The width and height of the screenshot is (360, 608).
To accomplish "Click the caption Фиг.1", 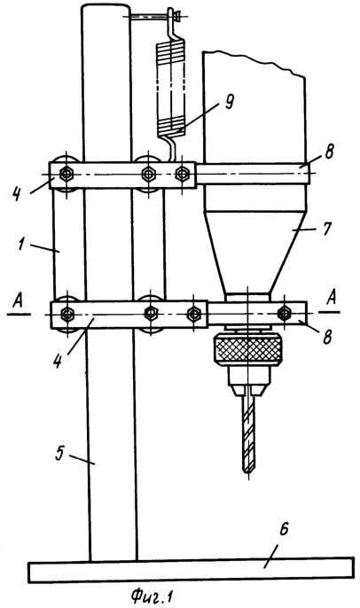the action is point(152,595).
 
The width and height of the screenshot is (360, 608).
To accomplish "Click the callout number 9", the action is point(230,102).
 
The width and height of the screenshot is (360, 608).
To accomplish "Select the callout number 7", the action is point(326,229).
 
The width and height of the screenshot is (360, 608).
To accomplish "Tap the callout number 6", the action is point(284,530).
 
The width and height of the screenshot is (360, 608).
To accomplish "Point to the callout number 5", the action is point(59,454).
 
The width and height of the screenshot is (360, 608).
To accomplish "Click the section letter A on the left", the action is point(18,301).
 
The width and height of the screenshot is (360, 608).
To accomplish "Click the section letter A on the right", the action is point(332,299).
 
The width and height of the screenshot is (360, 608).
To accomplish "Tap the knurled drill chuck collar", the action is point(247,349).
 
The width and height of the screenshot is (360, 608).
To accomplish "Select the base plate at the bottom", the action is point(191,570).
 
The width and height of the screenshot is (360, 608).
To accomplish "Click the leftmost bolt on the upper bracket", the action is point(67,174).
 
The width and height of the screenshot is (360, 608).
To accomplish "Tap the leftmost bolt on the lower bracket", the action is point(67,313).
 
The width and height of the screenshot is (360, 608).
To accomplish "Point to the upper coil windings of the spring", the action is point(171,51).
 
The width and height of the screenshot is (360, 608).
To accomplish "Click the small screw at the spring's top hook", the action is point(177,16).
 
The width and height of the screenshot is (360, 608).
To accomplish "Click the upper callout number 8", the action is point(329,152).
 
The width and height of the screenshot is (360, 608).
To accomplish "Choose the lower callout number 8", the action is point(327,336).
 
